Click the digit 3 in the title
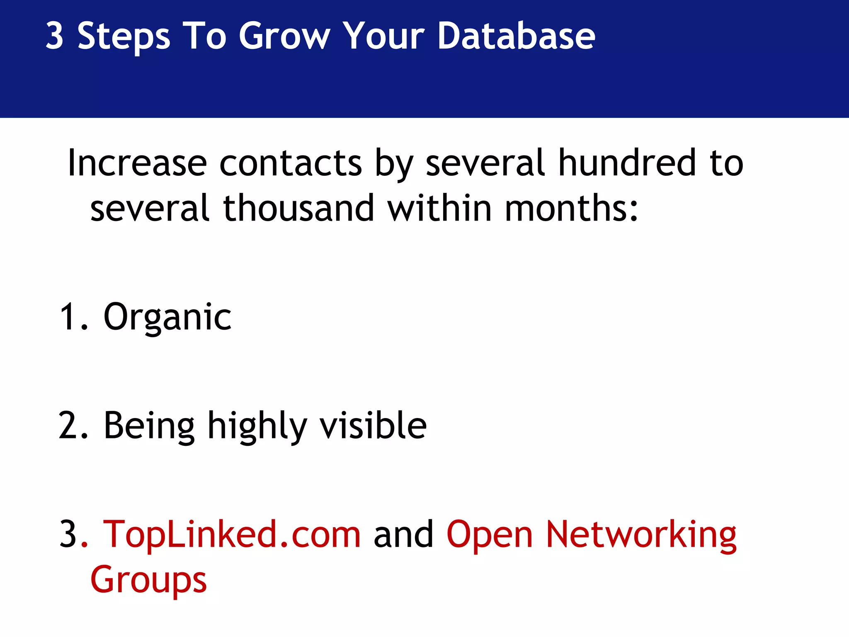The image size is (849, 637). click(x=55, y=36)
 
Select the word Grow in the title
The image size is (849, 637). click(x=284, y=36)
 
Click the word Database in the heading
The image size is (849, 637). click(x=516, y=36)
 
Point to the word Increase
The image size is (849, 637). click(x=137, y=163)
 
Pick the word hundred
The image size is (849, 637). click(x=627, y=163)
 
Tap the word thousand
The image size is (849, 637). click(x=299, y=208)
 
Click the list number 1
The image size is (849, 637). click(x=68, y=317)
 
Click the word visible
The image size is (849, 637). click(x=373, y=425)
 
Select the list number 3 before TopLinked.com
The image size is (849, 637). click(x=68, y=535)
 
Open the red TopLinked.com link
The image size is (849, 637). click(x=232, y=535)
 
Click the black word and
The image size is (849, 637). click(x=403, y=535)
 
